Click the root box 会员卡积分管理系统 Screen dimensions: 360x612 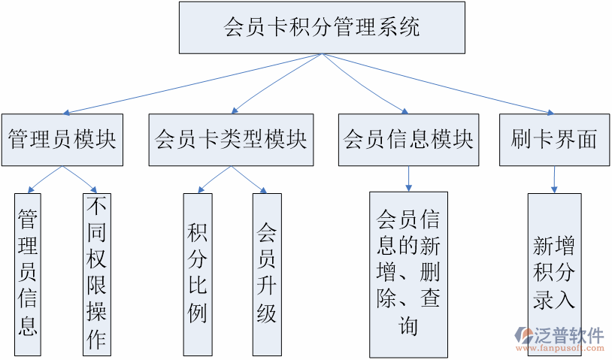pyautogui.click(x=322, y=28)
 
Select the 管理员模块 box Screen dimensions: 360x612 pyautogui.click(x=62, y=140)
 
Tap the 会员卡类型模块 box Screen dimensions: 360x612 pyautogui.click(x=231, y=140)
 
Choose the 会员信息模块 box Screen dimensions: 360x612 pyautogui.click(x=408, y=140)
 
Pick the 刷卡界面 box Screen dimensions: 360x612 pyautogui.click(x=554, y=140)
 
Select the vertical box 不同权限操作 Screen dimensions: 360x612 pyautogui.click(x=96, y=274)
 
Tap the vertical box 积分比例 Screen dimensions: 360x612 pyautogui.click(x=198, y=274)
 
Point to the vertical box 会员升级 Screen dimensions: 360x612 pyautogui.click(x=267, y=274)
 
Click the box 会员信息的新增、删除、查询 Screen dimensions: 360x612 pyautogui.click(x=408, y=274)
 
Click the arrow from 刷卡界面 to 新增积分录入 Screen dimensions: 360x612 pyautogui.click(x=555, y=179)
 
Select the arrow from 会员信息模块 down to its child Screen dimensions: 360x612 pyautogui.click(x=408, y=178)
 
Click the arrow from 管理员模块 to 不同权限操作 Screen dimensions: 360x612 pyautogui.click(x=80, y=179)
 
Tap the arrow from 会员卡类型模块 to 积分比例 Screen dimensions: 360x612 pyautogui.click(x=214, y=179)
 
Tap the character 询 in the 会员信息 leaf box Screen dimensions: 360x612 pyautogui.click(x=408, y=326)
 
